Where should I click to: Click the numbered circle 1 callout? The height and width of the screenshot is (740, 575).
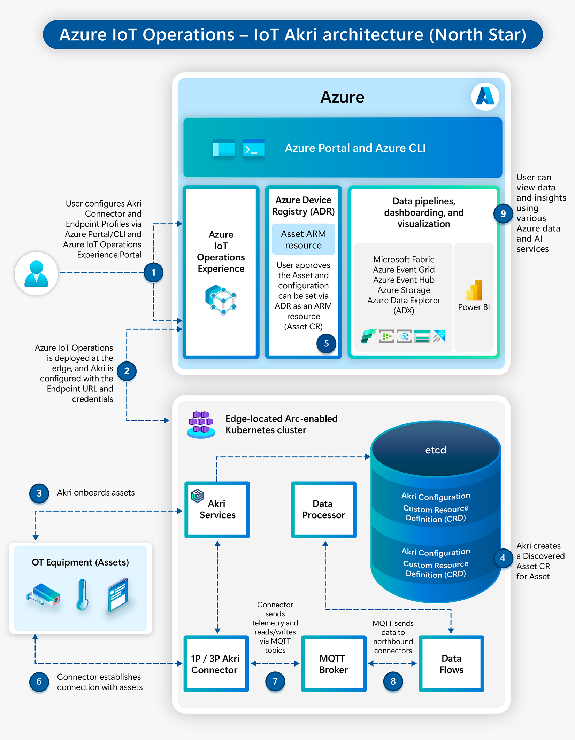153,272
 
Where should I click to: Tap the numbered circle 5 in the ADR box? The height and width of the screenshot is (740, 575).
326,343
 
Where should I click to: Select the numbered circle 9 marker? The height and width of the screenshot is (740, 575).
503,213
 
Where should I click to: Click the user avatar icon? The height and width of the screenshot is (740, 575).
36,274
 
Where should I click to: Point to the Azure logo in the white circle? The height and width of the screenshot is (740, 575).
485,96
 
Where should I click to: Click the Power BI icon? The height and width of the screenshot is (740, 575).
474,290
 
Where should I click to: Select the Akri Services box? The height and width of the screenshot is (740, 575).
217,509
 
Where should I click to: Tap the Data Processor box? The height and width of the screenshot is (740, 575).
323,509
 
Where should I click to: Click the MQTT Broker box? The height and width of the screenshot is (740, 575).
333,664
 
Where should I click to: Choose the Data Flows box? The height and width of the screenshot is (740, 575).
451,664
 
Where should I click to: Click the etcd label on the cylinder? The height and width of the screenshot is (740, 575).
436,450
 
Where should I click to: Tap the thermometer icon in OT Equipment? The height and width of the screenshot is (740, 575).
82,594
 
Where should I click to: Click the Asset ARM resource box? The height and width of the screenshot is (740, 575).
303,240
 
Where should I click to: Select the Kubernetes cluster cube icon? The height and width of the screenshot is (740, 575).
201,424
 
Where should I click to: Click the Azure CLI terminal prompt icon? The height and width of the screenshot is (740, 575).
253,148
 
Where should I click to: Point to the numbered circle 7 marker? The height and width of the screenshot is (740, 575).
275,681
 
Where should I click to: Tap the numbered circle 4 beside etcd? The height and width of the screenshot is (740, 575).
503,558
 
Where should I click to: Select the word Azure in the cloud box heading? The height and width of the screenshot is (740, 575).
342,97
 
